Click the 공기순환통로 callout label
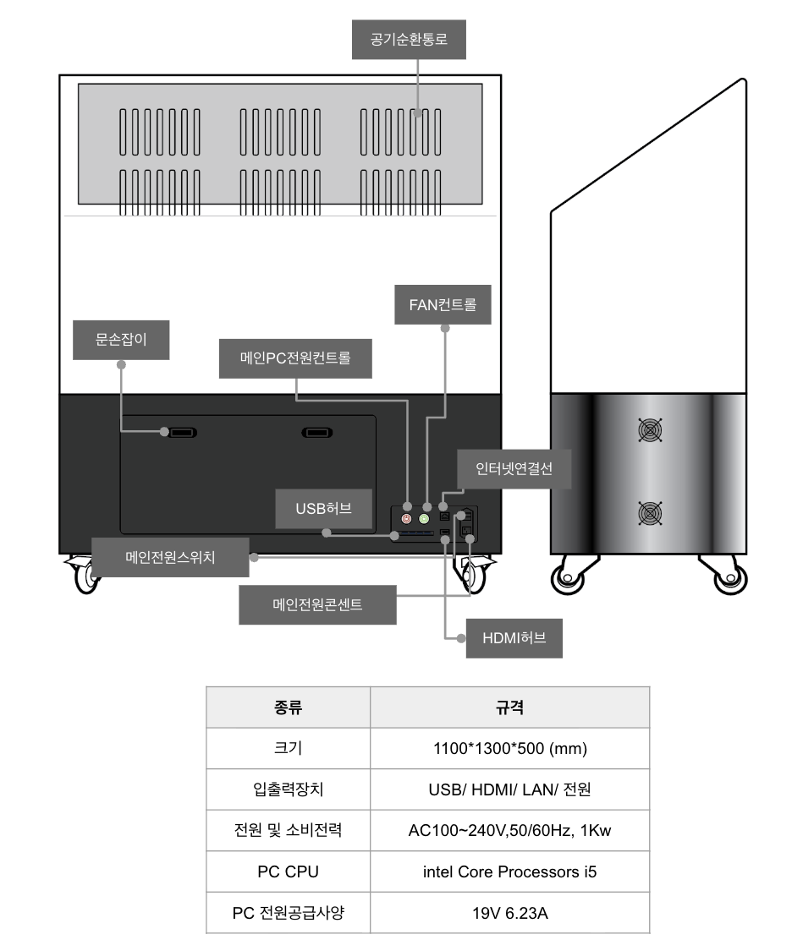pos(409,40)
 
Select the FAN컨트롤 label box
pos(443,305)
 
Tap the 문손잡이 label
pos(121,340)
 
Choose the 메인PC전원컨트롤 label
pos(295,358)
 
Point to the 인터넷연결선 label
pos(514,469)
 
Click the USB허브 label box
pos(323,509)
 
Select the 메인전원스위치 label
pos(170,558)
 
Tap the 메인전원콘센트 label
pos(317,604)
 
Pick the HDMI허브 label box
pos(514,638)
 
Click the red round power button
pos(406,519)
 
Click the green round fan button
pos(424,519)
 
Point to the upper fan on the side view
pos(650,429)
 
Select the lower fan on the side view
pos(650,513)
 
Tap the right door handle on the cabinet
pos(316,433)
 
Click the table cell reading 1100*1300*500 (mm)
pos(509,749)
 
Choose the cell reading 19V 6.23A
pos(509,913)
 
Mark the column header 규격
pos(509,707)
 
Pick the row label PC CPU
pos(288,872)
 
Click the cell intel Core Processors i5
pos(509,872)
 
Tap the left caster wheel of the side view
pos(568,578)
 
